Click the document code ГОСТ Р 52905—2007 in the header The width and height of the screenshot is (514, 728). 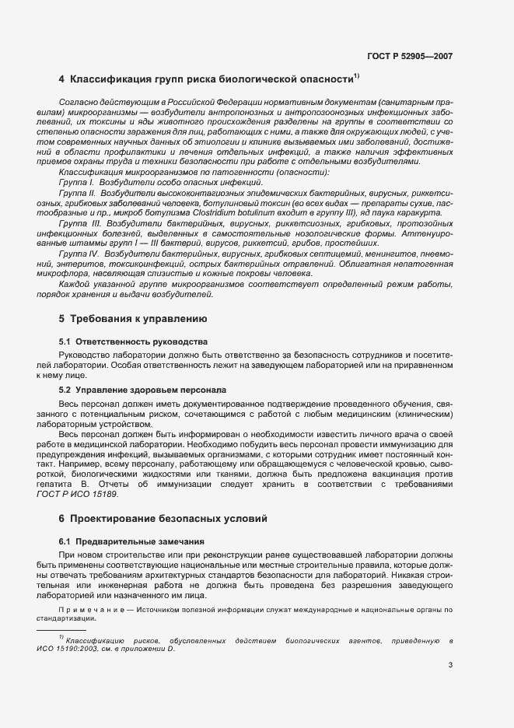point(411,56)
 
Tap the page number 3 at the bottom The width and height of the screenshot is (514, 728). point(450,664)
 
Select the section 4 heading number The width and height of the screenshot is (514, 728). point(61,79)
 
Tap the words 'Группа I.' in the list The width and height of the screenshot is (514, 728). point(75,181)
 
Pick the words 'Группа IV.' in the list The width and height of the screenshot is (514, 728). point(78,254)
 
